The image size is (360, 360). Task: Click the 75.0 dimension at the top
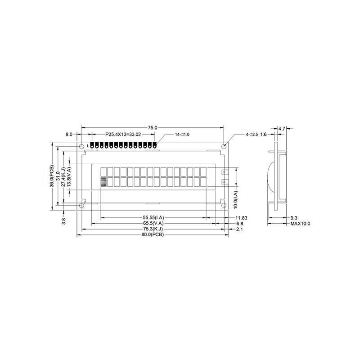[153, 128]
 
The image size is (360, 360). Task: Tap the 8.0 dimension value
[69, 134]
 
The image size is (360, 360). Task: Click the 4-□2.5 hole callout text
[252, 135]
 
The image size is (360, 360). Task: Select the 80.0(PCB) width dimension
[153, 235]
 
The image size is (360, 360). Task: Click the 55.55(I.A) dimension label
[153, 218]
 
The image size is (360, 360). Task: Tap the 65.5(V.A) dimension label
[153, 224]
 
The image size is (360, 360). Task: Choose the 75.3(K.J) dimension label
[153, 229]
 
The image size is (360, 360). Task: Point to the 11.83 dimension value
[241, 218]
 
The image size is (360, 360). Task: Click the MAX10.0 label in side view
[300, 224]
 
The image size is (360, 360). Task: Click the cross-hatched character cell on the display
[103, 182]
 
